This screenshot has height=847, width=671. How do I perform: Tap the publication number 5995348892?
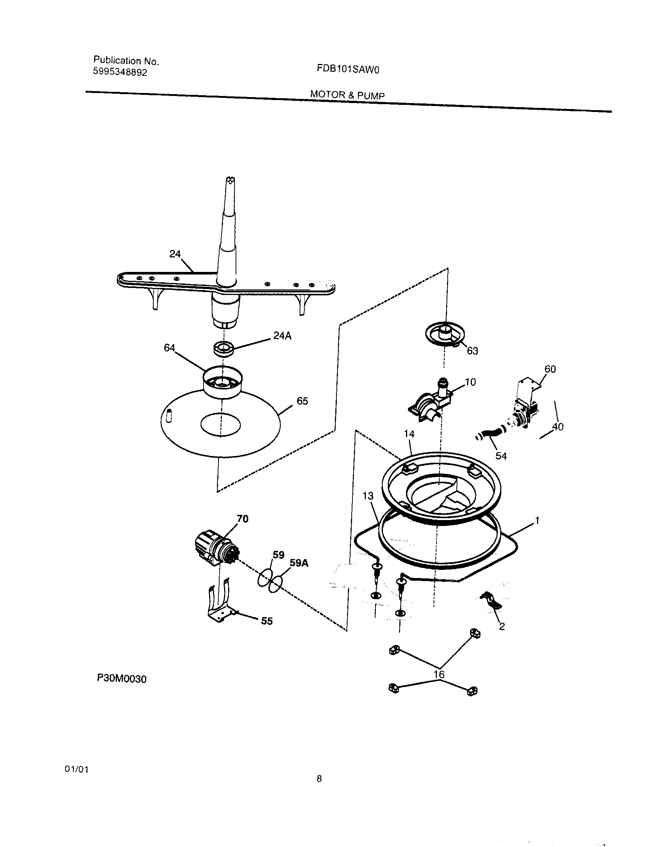point(120,72)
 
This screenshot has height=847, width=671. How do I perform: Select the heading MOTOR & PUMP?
point(347,95)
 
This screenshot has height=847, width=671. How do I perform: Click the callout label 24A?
point(282,336)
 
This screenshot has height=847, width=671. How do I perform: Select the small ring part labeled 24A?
point(224,348)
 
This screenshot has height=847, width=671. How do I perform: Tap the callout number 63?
point(472,351)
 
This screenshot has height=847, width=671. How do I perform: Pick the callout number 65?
point(302,401)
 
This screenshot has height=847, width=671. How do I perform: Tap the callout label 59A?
point(299,563)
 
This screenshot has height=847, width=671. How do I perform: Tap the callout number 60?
point(550,369)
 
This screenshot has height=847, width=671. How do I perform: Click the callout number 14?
point(409,433)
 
